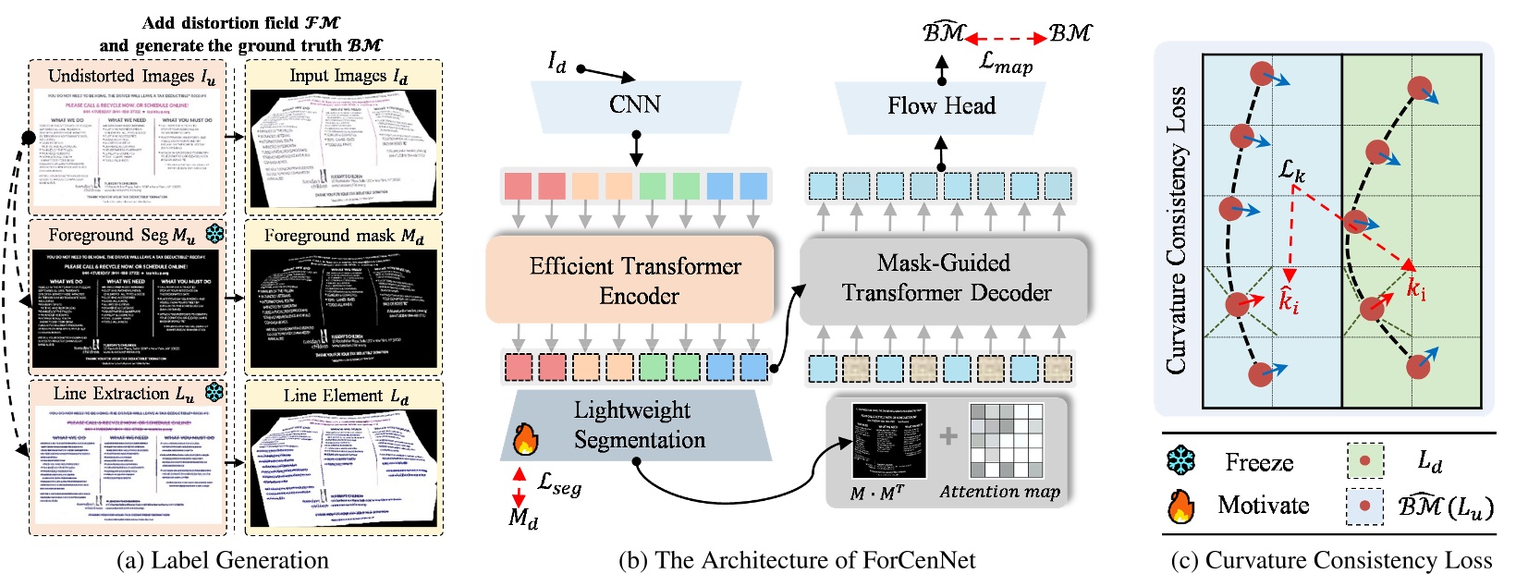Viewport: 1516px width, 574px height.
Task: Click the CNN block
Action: pyautogui.click(x=635, y=104)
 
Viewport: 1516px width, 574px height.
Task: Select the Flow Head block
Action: pyautogui.click(x=941, y=106)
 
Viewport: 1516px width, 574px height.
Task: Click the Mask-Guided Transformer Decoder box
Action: pyautogui.click(x=945, y=278)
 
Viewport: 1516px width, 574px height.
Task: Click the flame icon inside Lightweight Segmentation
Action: pyautogui.click(x=525, y=440)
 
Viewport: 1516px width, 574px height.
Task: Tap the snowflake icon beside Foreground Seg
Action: pyautogui.click(x=214, y=234)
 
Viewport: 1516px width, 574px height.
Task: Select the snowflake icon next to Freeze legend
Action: pyautogui.click(x=1181, y=460)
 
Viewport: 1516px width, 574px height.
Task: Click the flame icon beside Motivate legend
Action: pyautogui.click(x=1180, y=506)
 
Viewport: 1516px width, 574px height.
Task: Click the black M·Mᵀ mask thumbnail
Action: pyautogui.click(x=888, y=442)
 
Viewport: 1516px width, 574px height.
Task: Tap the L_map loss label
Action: pyautogui.click(x=1006, y=64)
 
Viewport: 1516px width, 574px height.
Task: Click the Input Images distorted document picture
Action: pyautogui.click(x=344, y=148)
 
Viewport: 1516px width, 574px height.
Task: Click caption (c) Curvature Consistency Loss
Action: pyautogui.click(x=1331, y=560)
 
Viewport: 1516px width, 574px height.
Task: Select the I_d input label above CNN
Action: pyautogui.click(x=556, y=62)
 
